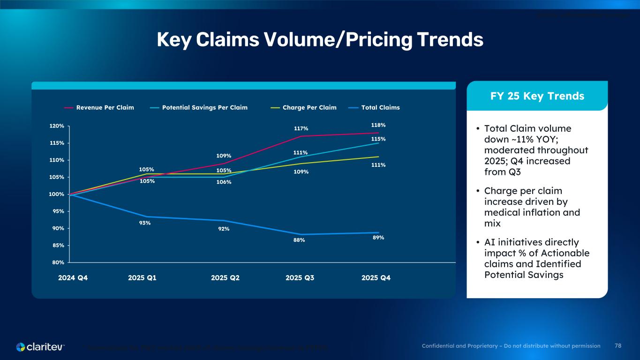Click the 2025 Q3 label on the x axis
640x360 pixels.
coord(300,277)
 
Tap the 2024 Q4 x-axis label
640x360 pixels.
coord(73,277)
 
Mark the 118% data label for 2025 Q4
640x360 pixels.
coord(378,125)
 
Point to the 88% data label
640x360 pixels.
coord(299,240)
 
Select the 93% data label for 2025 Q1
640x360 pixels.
coord(145,223)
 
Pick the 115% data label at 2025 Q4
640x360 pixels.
coord(378,139)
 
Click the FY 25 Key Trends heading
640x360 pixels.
coord(537,96)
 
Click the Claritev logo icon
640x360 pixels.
coord(21,347)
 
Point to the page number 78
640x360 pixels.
coord(618,346)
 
